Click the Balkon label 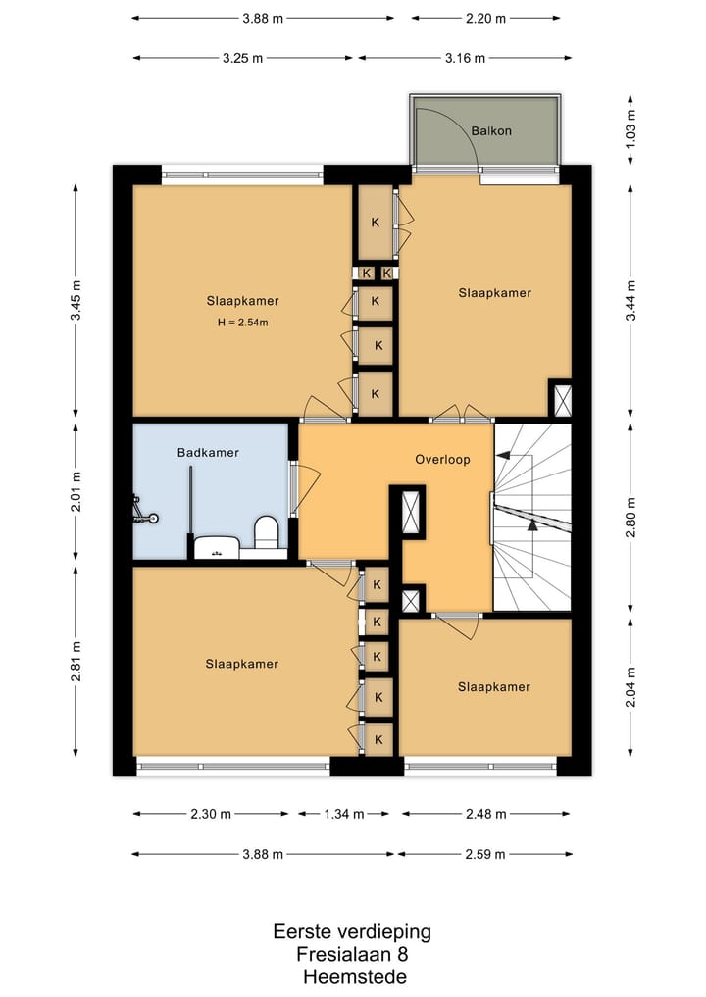pos(491,131)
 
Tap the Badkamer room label pos(208,453)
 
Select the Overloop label pos(442,459)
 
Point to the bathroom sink pos(217,548)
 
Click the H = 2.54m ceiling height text pos(242,323)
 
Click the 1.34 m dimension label pos(344,814)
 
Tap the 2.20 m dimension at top pos(485,19)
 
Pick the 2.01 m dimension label pos(76,491)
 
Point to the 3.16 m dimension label pos(465,58)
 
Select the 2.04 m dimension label pos(630,687)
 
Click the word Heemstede pos(355,976)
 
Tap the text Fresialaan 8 pos(352,955)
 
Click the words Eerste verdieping pos(352,932)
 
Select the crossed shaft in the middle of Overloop pos(412,512)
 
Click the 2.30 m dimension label pos(211,814)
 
